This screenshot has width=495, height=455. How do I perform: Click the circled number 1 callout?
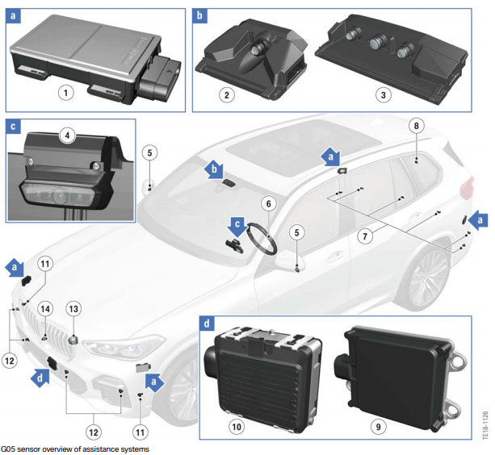[65, 93]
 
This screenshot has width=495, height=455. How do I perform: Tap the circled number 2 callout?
[227, 94]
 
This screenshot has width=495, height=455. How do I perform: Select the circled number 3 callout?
[384, 94]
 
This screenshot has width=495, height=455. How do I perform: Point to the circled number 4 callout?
[67, 136]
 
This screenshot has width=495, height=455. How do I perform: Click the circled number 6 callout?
[269, 203]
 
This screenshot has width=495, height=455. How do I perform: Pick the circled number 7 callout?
[365, 236]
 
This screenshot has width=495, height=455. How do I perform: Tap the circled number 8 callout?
[416, 126]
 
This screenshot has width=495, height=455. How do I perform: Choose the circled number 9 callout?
[378, 427]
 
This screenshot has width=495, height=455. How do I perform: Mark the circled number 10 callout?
[237, 427]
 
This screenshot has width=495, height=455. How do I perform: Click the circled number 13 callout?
[73, 309]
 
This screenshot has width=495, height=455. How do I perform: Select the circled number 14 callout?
[45, 309]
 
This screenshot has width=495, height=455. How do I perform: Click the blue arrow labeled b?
[215, 170]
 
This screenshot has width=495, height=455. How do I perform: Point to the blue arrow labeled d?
[40, 377]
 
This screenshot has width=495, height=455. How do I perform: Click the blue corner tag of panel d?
[207, 324]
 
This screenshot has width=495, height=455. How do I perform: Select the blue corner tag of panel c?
[13, 127]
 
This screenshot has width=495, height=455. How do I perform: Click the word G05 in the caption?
[8, 449]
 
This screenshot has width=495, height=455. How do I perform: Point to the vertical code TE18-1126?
[485, 424]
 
